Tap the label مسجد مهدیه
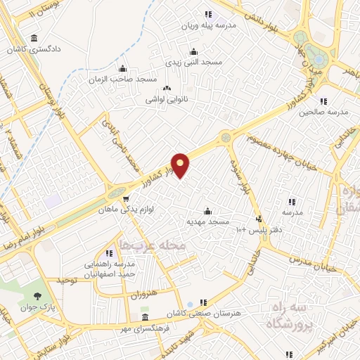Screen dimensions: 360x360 [207, 221]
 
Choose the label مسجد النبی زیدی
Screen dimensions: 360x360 [193, 62]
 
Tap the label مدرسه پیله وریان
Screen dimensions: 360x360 [207, 25]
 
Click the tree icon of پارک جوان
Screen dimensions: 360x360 [37, 297]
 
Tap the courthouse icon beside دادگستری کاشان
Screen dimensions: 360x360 [32, 39]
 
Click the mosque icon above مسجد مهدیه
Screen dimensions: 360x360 [207, 211]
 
